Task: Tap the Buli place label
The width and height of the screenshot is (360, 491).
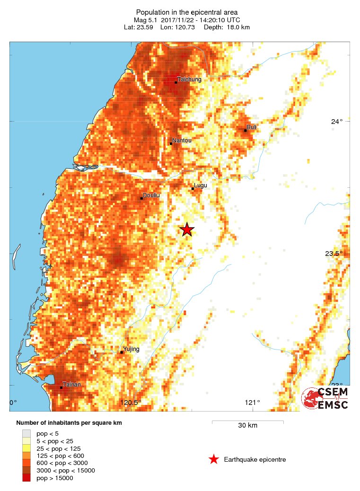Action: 251,127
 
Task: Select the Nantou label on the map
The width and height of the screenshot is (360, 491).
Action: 182,140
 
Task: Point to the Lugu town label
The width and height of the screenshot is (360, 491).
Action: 200,186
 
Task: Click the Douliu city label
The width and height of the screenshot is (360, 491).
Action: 150,195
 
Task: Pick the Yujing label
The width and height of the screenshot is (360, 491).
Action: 132,349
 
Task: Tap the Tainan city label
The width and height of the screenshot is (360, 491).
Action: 71,385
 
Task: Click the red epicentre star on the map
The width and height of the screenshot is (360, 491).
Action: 187,229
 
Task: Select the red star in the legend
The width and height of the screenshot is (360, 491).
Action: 214,459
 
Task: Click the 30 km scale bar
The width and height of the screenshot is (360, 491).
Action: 247,421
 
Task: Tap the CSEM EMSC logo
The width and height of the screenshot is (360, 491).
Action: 325,398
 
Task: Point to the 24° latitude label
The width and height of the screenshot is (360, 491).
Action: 337,122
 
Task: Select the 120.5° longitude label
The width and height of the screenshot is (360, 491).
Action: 130,403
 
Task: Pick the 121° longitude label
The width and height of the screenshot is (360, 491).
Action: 253,403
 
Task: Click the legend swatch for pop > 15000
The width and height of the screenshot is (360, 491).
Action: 26,478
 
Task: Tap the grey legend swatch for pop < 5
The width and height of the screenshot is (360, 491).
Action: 26,433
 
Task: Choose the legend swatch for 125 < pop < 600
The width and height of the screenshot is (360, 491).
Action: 26,456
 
